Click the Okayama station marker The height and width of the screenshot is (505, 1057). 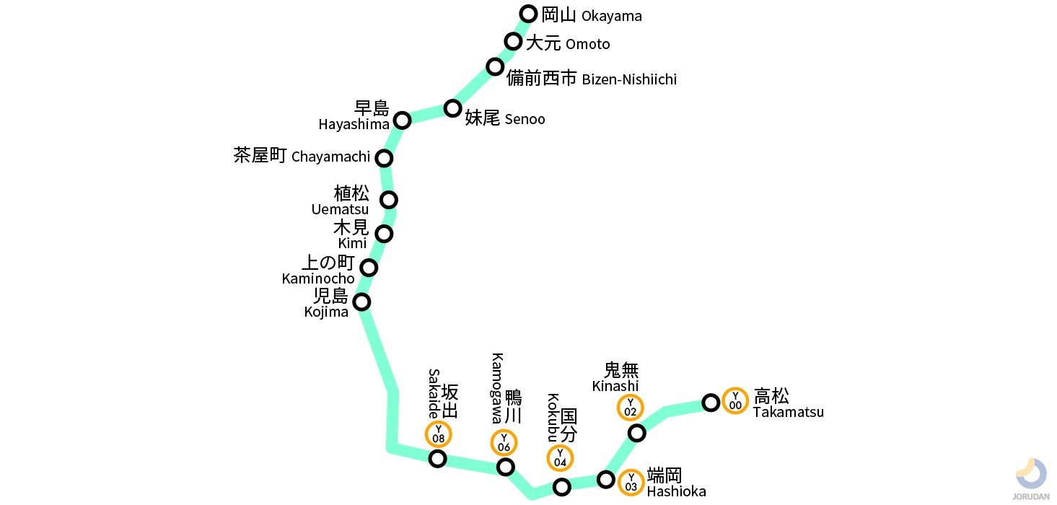[x=529, y=14]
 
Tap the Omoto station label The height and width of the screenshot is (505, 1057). [x=568, y=43]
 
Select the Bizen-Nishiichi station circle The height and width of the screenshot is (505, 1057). [x=495, y=67]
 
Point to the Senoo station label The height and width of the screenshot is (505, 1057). [x=504, y=118]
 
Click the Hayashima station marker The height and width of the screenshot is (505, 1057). [x=403, y=120]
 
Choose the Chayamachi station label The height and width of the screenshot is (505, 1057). [x=302, y=157]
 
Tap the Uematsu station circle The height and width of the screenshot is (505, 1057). [x=389, y=199]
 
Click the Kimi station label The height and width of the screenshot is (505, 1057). [x=352, y=235]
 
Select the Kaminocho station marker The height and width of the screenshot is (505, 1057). [x=369, y=268]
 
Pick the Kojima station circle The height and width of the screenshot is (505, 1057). [x=361, y=302]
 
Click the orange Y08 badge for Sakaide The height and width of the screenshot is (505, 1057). [x=439, y=434]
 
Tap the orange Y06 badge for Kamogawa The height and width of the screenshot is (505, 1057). [x=504, y=443]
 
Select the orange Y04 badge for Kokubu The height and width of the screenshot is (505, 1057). [x=561, y=458]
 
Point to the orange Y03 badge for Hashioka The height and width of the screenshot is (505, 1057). [x=631, y=482]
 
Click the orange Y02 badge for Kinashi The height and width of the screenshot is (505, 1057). [x=631, y=408]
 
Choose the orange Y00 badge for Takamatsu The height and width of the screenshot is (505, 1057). [x=735, y=400]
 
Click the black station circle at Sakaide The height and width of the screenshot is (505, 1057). [x=438, y=459]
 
